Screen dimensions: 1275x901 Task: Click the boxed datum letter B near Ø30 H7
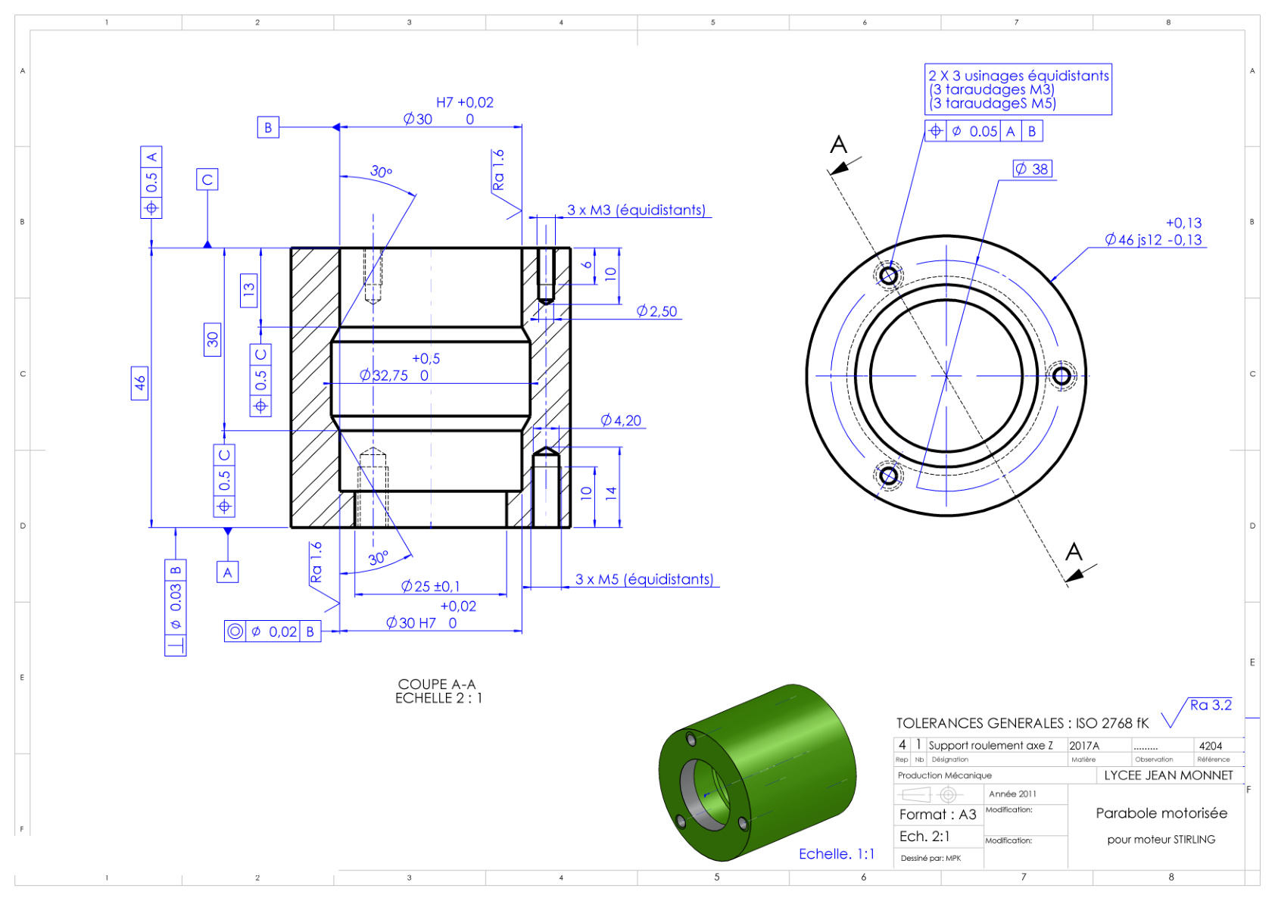(x=267, y=127)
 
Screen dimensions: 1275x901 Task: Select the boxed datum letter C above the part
(x=207, y=179)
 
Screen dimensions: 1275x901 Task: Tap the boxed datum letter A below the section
(x=228, y=572)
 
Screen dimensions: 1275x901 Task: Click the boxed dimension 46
(x=139, y=383)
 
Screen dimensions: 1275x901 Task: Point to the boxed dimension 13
(x=249, y=290)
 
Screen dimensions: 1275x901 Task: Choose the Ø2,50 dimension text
(x=657, y=311)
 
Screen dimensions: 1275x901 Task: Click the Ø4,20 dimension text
(x=621, y=421)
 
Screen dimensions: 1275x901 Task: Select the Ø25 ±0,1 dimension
(x=430, y=586)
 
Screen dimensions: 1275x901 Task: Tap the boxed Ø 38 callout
(x=1033, y=169)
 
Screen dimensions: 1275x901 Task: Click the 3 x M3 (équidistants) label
(x=636, y=210)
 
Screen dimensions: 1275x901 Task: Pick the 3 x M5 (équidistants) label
(x=644, y=579)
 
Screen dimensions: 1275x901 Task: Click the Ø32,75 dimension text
(x=384, y=376)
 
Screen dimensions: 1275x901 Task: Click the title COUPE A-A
(x=437, y=684)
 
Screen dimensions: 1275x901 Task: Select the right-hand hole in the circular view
(x=1061, y=376)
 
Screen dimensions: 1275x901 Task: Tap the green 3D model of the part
(x=758, y=773)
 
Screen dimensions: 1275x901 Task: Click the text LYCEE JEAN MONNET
(x=1168, y=775)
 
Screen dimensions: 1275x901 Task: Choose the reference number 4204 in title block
(x=1210, y=746)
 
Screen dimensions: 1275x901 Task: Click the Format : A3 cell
(x=938, y=815)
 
